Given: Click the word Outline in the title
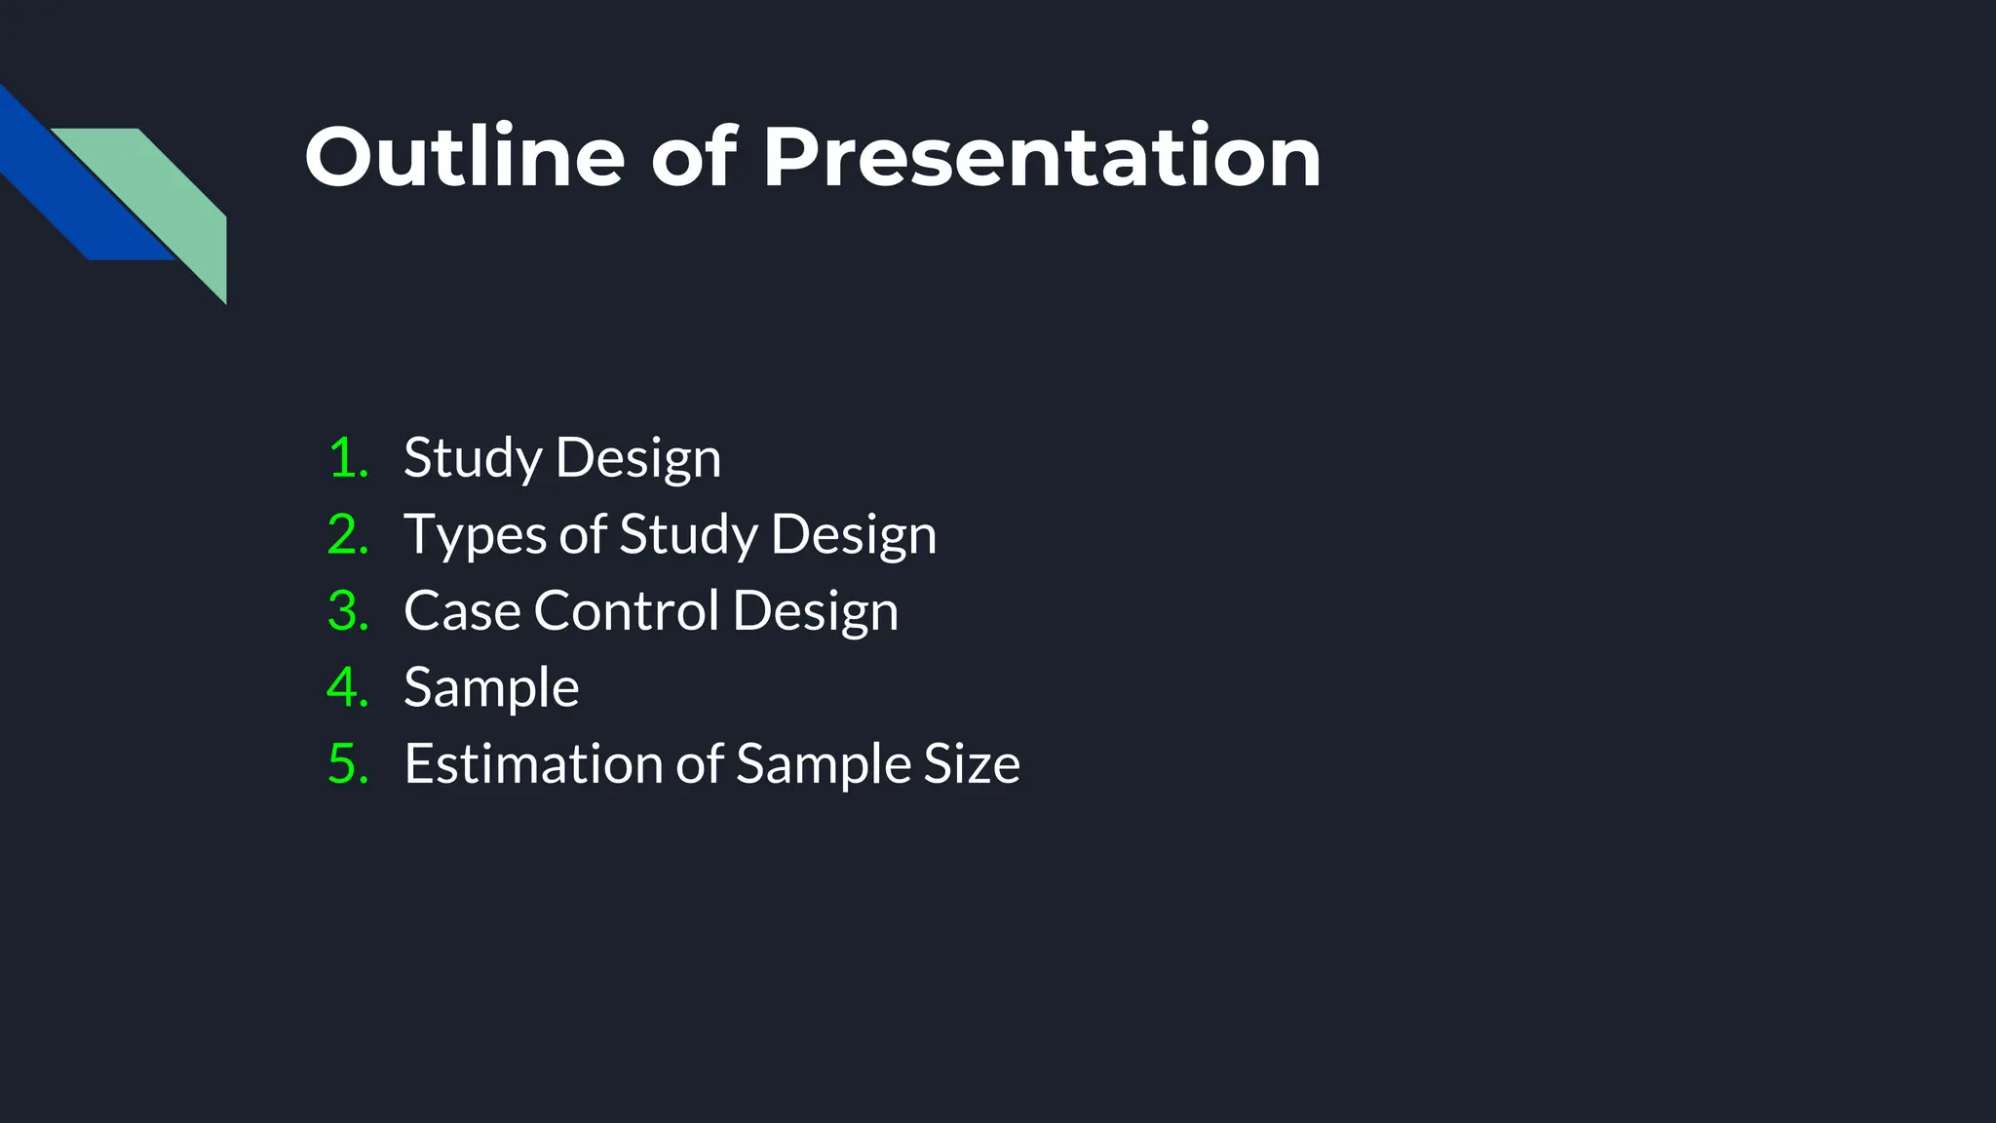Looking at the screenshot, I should click(x=464, y=157).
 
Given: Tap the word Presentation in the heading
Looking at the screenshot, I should click(x=1041, y=157).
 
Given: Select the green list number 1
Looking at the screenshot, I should click(x=347, y=458).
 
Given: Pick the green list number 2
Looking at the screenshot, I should click(x=347, y=535).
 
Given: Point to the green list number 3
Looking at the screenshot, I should click(x=347, y=611).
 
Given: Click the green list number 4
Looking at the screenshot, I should click(x=347, y=687).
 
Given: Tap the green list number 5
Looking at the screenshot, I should click(x=347, y=763).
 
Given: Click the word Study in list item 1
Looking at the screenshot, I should click(x=473, y=458).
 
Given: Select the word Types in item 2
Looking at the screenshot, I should click(x=475, y=535).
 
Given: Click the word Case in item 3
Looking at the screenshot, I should click(x=462, y=611).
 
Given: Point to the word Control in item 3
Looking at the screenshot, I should click(x=626, y=611).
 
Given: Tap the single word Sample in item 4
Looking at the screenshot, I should click(x=491, y=687).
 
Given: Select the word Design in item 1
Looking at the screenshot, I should click(x=638, y=458).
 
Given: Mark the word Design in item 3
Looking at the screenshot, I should click(x=815, y=611).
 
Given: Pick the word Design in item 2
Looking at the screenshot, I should click(x=854, y=535).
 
